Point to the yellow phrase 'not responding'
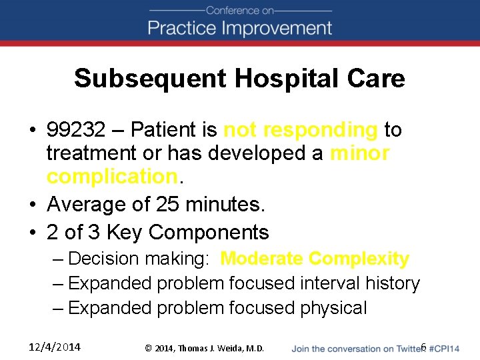301,129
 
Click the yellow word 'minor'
360,153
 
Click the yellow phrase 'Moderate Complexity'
315,259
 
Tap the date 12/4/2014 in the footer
55,347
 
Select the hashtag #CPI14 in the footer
444,347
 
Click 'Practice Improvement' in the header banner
240,28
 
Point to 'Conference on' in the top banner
240,11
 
